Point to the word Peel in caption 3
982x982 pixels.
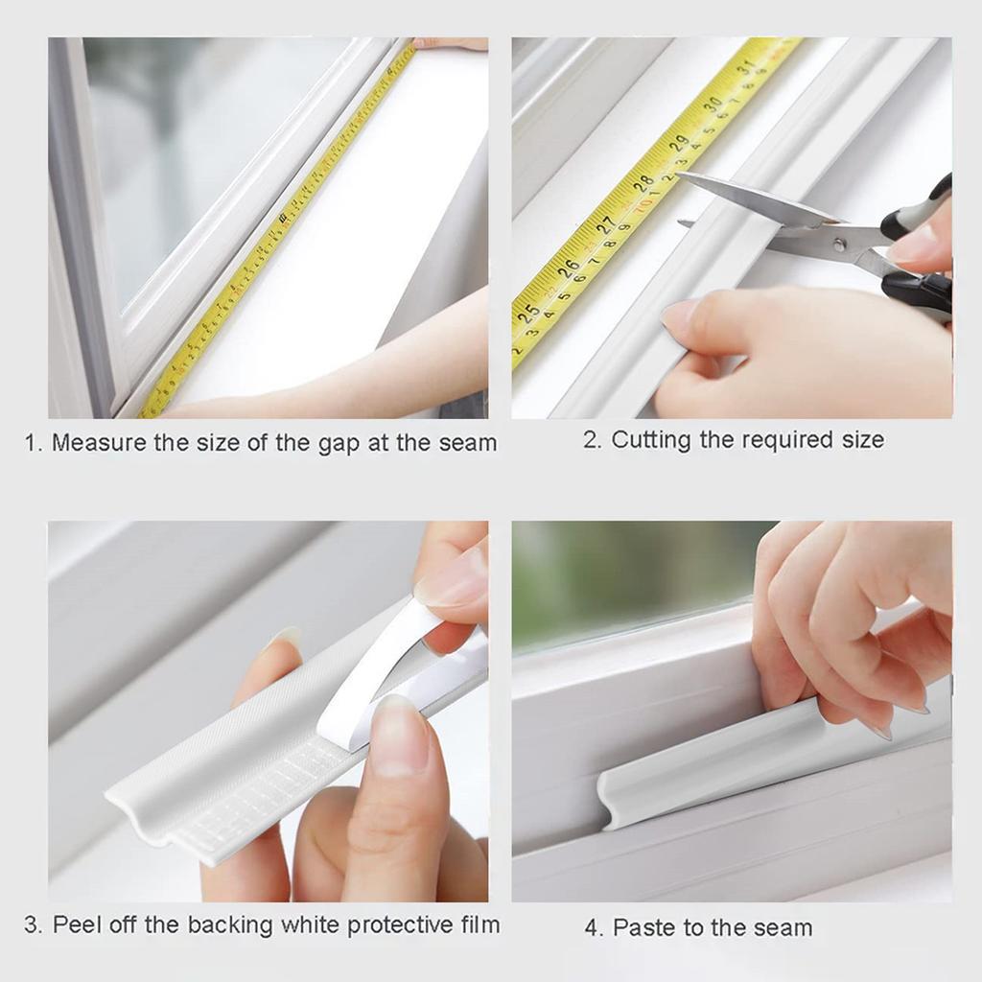[75, 925]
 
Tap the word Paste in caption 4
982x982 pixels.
[643, 928]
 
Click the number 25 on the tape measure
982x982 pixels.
[527, 312]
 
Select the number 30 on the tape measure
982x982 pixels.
[713, 104]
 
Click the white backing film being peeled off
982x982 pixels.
[384, 662]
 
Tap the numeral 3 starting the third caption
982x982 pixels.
[33, 925]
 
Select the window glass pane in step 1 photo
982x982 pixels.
[211, 144]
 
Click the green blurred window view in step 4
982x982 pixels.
[623, 575]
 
